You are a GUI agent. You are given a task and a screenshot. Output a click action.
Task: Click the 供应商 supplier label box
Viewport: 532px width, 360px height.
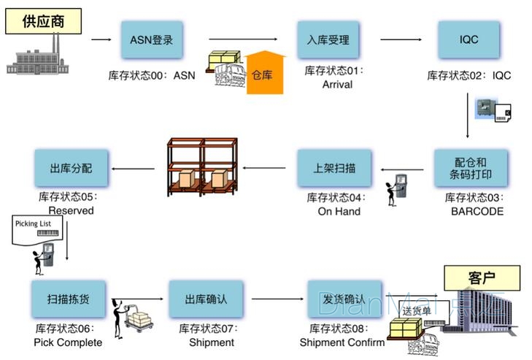click(x=43, y=20)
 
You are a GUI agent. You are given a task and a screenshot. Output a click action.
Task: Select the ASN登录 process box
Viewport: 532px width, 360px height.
click(x=151, y=39)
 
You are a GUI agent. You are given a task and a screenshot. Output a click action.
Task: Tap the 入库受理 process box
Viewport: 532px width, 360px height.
click(x=328, y=39)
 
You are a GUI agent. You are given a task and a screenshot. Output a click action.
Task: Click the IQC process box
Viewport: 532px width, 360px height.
click(x=469, y=39)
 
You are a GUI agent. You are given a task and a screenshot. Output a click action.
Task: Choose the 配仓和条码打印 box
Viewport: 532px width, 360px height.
click(x=471, y=169)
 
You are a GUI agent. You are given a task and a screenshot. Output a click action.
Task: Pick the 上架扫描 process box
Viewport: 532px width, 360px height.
click(x=334, y=169)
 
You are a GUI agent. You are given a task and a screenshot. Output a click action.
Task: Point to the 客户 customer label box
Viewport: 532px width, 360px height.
click(x=482, y=278)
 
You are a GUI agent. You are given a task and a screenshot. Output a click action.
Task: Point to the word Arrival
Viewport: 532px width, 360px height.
click(x=337, y=84)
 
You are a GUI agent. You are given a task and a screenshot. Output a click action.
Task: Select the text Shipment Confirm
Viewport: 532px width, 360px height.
click(x=336, y=342)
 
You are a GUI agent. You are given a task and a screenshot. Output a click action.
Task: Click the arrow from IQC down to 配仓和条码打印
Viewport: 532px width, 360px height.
click(x=468, y=110)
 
